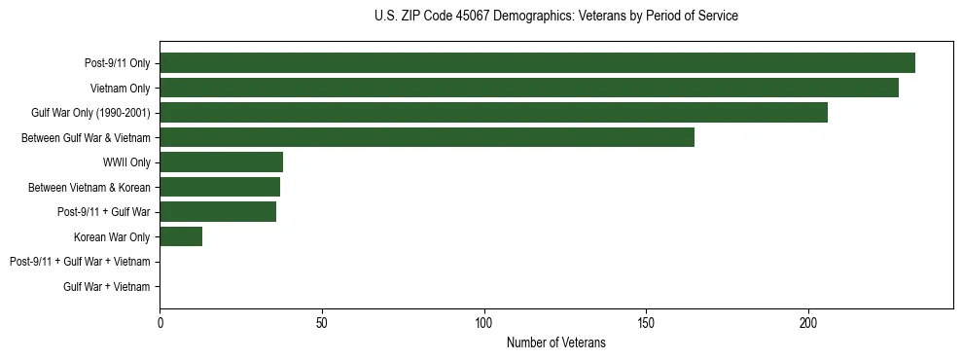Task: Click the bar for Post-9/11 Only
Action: click(x=537, y=63)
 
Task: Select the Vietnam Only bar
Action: click(x=529, y=88)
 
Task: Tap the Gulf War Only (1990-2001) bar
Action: click(x=493, y=113)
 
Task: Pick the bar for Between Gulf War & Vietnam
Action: click(x=427, y=137)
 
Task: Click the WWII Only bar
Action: click(x=221, y=162)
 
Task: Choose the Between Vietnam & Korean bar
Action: click(x=220, y=187)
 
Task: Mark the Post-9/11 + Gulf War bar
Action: click(x=218, y=212)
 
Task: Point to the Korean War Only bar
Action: click(x=181, y=236)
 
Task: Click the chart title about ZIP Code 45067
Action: click(x=555, y=17)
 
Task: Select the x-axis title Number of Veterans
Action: click(x=555, y=342)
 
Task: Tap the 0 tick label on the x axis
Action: click(x=160, y=323)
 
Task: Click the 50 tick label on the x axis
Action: click(x=322, y=323)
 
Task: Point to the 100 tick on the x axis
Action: click(x=484, y=323)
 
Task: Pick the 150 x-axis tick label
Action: click(x=646, y=323)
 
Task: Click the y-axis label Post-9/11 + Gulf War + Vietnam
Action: click(x=80, y=262)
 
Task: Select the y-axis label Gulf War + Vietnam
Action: click(x=107, y=287)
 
